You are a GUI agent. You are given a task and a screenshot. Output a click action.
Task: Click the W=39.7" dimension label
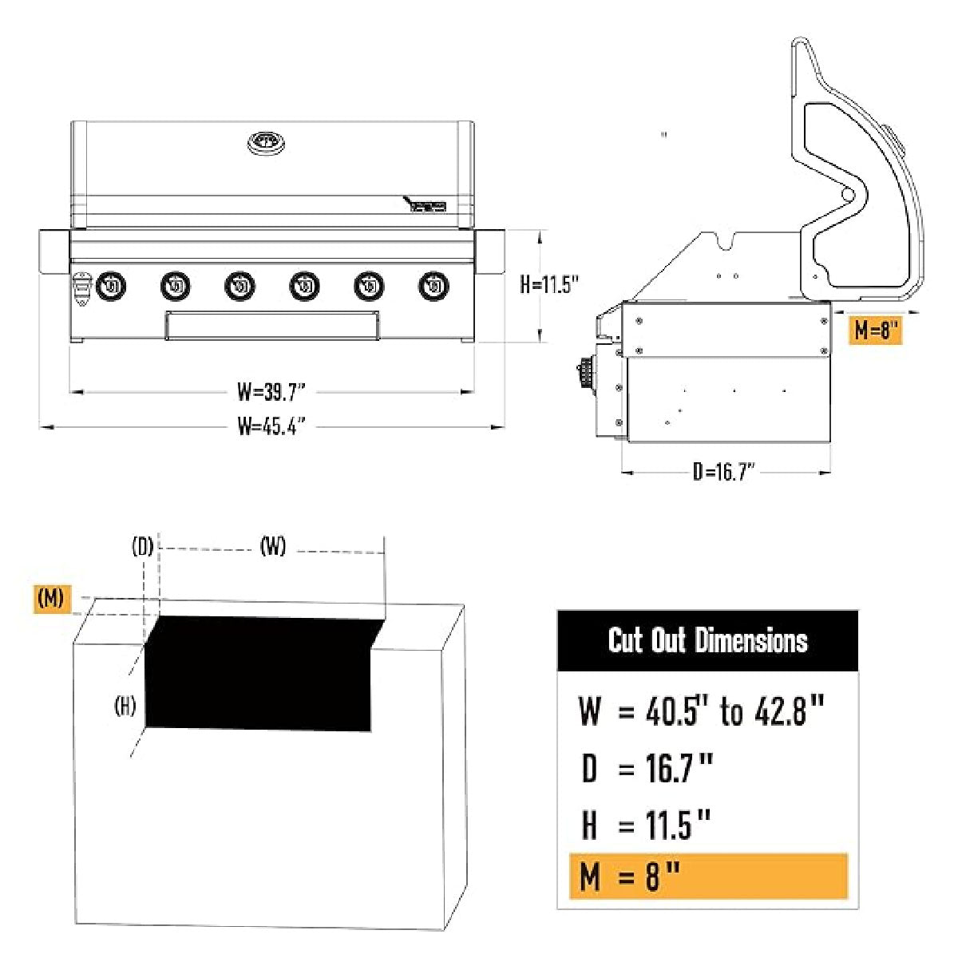[271, 391]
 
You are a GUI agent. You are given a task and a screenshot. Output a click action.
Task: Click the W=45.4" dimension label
[271, 426]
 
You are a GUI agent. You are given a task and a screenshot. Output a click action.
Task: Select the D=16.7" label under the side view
[723, 472]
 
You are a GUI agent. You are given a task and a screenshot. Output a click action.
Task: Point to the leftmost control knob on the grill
[111, 286]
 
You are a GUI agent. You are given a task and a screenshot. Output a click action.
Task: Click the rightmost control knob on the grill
[433, 286]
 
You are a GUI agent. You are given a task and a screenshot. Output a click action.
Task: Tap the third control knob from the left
[239, 286]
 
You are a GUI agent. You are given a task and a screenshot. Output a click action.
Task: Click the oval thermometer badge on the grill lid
[267, 143]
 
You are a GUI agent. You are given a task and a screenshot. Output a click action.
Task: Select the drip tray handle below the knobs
[271, 326]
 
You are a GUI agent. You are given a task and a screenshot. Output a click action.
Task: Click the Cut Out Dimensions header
[707, 640]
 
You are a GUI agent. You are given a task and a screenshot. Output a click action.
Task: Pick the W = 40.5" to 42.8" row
[701, 711]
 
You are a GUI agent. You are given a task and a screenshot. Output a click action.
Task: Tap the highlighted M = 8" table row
[707, 877]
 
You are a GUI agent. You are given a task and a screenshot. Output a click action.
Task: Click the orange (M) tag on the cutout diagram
[52, 598]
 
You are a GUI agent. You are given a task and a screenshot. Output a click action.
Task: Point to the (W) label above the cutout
[273, 547]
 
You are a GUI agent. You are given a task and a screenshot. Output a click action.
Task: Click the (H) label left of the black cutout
[125, 706]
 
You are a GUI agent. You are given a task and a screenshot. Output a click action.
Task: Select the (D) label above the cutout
[142, 547]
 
